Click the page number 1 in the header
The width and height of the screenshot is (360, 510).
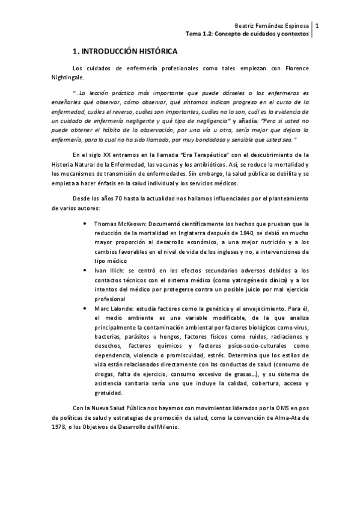317,25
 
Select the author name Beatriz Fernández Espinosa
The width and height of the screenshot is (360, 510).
273,25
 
